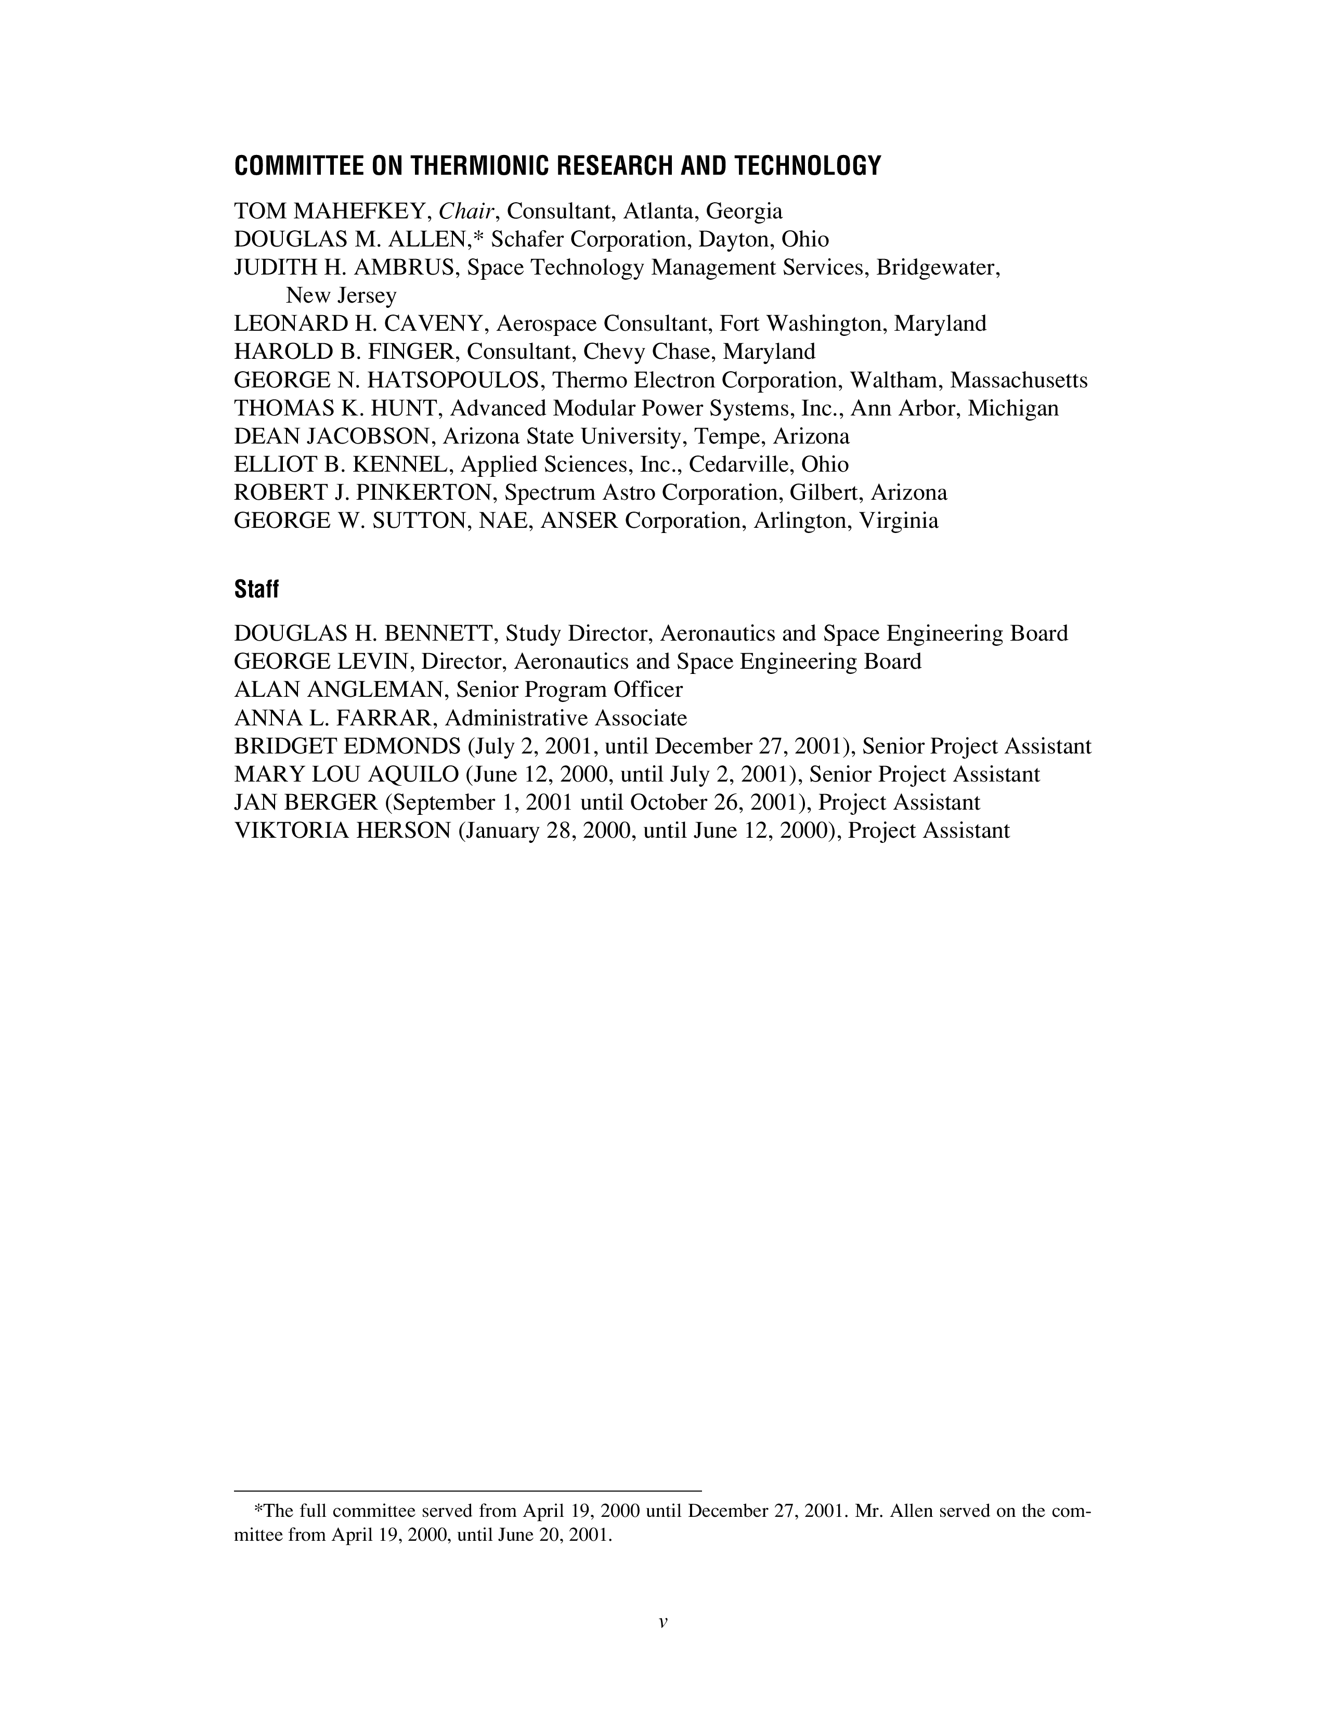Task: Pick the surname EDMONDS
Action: (403, 746)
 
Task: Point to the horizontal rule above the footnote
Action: (467, 1490)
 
